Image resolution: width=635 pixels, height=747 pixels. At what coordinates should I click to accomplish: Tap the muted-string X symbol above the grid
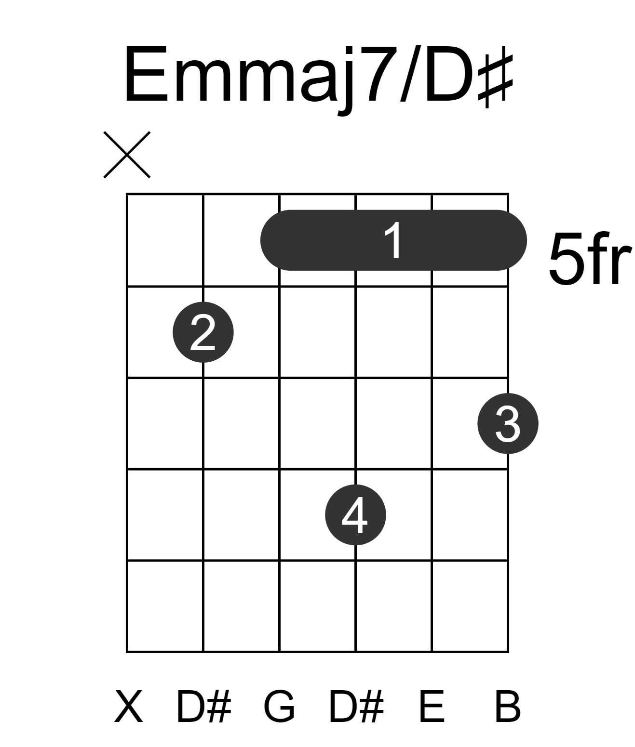point(127,155)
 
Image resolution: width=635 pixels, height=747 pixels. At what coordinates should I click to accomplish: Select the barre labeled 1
point(393,240)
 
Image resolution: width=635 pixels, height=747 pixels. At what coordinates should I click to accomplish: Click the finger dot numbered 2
point(203,332)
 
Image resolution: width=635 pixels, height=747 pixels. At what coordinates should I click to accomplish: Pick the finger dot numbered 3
point(508,423)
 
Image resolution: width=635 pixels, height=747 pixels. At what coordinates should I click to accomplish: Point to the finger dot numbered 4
point(355,515)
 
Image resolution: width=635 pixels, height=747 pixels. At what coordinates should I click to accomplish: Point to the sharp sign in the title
point(495,80)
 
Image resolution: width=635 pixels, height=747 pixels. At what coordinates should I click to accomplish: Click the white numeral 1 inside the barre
point(393,240)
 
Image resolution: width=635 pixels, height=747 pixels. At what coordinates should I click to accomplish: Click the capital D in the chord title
point(449,74)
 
